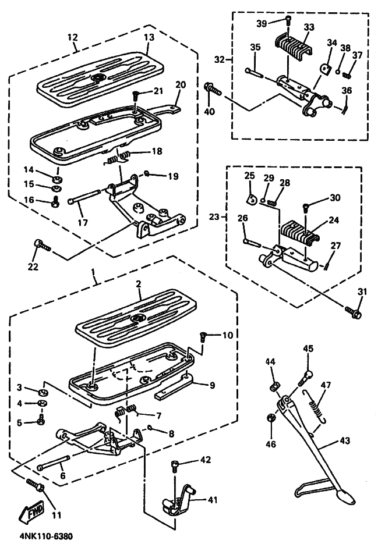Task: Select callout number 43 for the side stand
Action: pos(345,440)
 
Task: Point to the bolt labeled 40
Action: pos(213,89)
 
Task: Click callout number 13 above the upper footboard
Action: pos(149,37)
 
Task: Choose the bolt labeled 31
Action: pos(353,311)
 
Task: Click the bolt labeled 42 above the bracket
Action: pos(175,468)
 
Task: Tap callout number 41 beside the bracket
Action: pos(213,500)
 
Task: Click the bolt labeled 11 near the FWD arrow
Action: pos(36,485)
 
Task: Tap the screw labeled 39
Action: pos(288,20)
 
